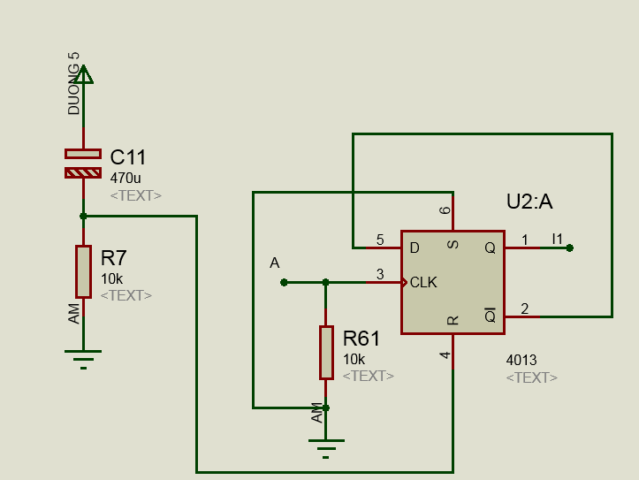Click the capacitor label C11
(128, 158)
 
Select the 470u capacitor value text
(125, 178)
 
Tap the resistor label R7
(114, 259)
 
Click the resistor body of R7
(83, 272)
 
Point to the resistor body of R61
(326, 352)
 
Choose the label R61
(361, 339)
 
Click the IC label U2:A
(529, 202)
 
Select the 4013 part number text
(521, 360)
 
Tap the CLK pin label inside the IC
(423, 283)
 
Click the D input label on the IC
(415, 248)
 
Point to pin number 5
(380, 240)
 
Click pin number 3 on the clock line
(380, 274)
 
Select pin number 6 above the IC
(445, 210)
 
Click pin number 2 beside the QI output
(525, 309)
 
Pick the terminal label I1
(557, 239)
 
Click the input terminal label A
(275, 263)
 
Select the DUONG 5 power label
(74, 83)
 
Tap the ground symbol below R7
(83, 357)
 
